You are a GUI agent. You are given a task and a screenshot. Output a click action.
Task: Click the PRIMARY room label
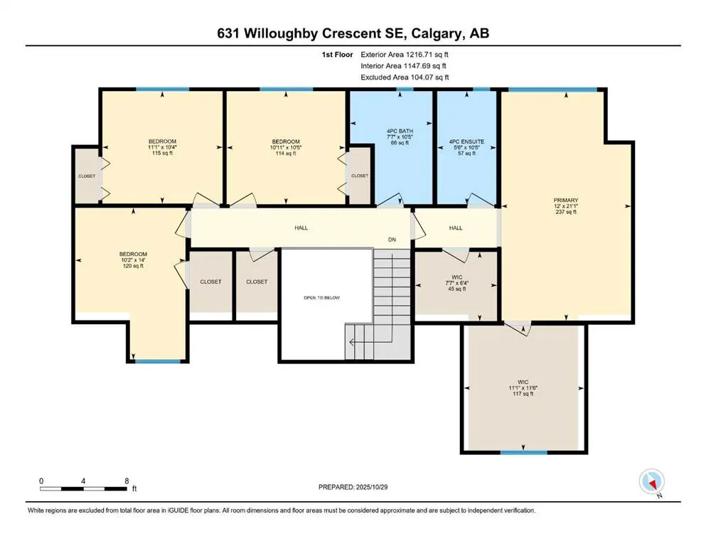[x=566, y=200]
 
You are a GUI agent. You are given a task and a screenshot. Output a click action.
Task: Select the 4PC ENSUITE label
[x=466, y=141]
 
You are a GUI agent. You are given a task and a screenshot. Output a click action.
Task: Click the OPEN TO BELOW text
[x=321, y=298]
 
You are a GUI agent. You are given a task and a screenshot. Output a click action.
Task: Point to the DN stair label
[x=392, y=240]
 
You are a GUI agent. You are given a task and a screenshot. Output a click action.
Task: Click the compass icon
[x=651, y=482]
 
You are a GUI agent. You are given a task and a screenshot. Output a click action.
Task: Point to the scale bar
[x=84, y=489]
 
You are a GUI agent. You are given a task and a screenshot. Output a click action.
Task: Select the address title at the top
[x=353, y=33]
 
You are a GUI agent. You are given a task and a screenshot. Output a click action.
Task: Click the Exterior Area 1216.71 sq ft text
[x=405, y=54]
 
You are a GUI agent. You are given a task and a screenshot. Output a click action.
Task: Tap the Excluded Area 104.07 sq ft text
[x=405, y=77]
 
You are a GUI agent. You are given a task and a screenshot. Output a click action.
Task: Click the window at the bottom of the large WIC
[x=523, y=452]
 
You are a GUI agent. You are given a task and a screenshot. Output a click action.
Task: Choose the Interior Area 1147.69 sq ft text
[x=405, y=65]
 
